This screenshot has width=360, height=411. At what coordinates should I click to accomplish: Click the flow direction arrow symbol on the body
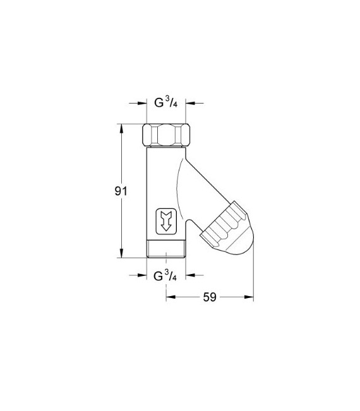(x=167, y=221)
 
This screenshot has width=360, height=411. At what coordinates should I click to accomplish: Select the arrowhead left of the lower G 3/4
(x=142, y=275)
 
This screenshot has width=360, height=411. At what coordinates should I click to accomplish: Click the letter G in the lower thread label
(x=159, y=276)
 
